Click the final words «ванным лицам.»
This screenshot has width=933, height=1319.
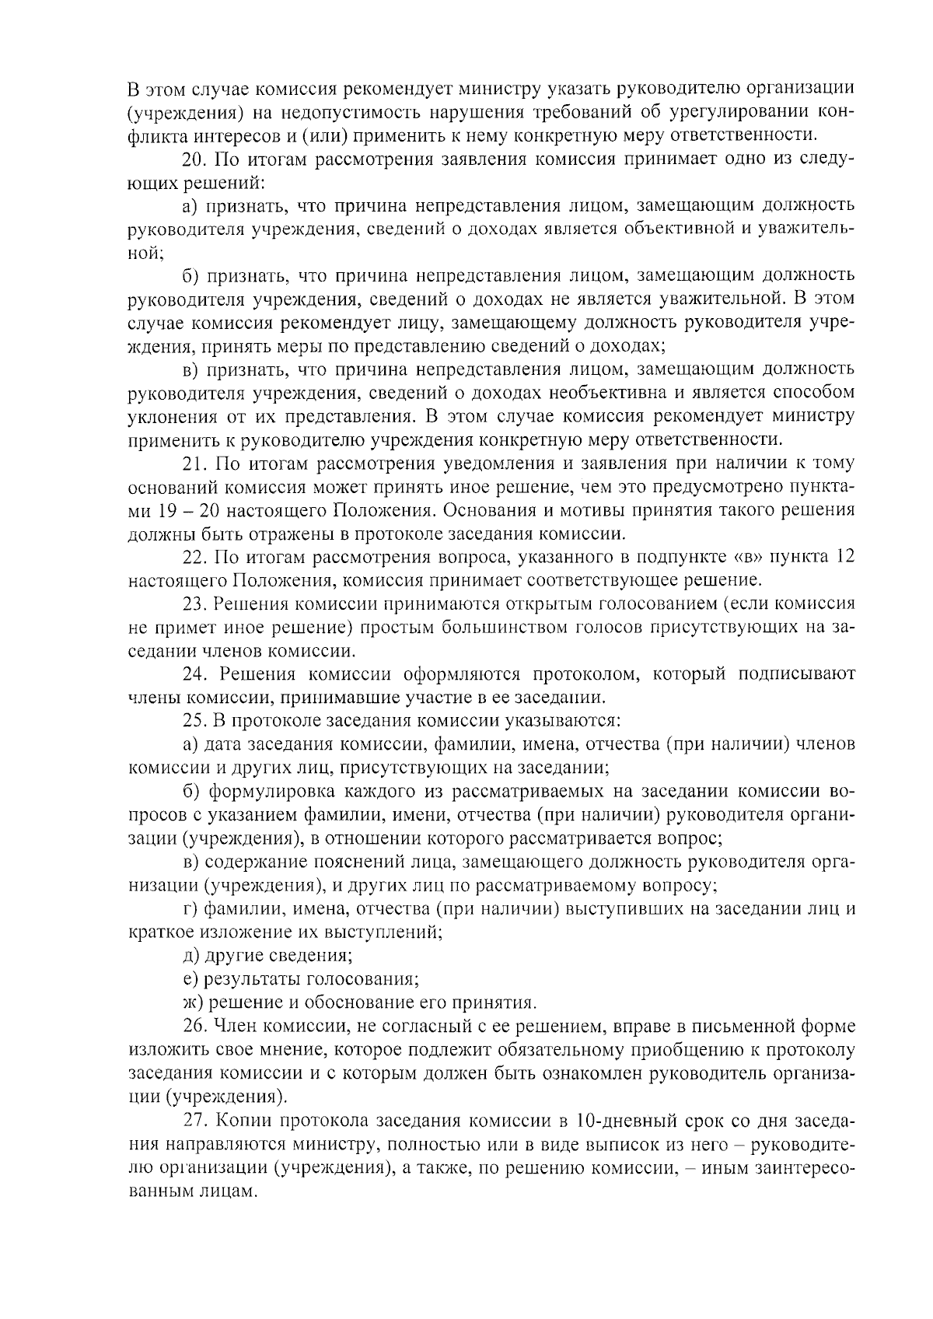coord(192,1191)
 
